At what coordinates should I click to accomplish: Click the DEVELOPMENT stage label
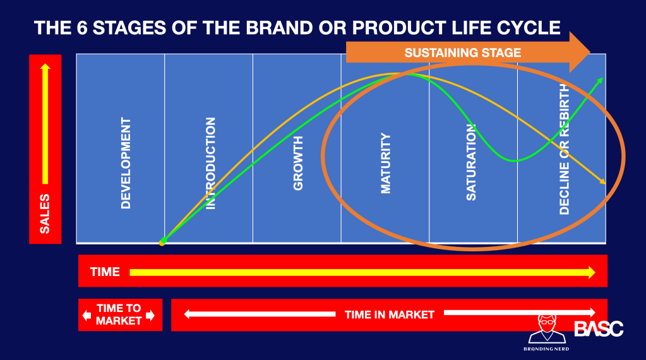click(126, 163)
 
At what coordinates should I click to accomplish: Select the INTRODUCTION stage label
click(210, 163)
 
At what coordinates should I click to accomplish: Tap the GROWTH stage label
click(298, 163)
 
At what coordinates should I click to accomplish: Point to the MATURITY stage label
click(386, 163)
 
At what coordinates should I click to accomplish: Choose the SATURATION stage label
click(471, 162)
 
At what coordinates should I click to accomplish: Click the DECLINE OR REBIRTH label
click(564, 149)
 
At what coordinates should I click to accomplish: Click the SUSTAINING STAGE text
click(463, 52)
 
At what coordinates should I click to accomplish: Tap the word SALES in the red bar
click(45, 213)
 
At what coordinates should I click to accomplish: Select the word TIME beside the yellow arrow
click(105, 272)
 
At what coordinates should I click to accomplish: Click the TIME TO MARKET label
click(119, 315)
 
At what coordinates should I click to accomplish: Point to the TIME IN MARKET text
click(390, 315)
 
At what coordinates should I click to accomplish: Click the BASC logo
click(599, 328)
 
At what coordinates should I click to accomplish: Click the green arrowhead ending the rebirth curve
click(600, 80)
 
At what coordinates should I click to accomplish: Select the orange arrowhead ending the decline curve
click(602, 181)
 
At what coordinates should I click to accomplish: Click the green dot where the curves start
click(164, 240)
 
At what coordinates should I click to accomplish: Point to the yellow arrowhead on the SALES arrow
click(45, 67)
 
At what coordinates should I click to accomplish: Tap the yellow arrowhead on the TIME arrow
click(592, 272)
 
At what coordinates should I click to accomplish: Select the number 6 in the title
click(82, 28)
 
